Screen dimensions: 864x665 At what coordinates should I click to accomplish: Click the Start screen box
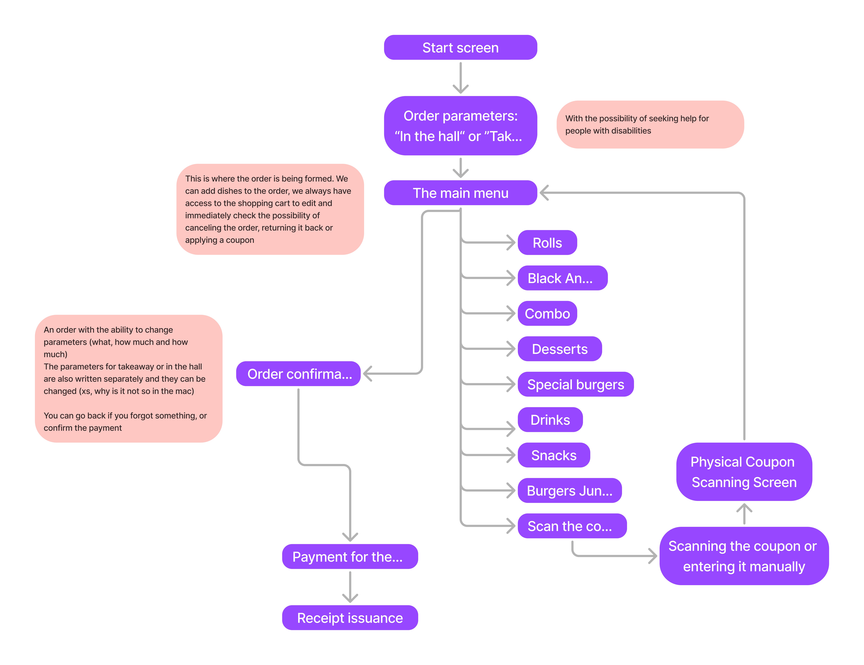pos(460,47)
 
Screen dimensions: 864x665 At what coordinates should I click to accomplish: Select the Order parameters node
pos(460,126)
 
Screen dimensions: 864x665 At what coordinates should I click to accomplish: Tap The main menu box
pos(460,193)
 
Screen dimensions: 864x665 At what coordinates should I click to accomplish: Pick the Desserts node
pos(560,349)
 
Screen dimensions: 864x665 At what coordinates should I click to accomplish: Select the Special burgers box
pos(576,384)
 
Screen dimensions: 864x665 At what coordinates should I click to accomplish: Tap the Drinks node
pos(550,419)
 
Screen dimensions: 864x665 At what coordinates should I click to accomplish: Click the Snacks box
pos(554,455)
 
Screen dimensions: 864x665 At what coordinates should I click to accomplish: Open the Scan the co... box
pos(572,526)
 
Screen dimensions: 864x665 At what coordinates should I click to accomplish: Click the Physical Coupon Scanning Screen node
pos(744,472)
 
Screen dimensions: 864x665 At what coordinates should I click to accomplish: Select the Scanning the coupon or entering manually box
pos(744,556)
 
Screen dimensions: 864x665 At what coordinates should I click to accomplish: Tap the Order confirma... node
pos(298,374)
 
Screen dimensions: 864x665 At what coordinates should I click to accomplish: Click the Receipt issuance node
pos(350,618)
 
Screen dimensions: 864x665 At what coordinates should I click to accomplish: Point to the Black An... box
pos(562,278)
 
